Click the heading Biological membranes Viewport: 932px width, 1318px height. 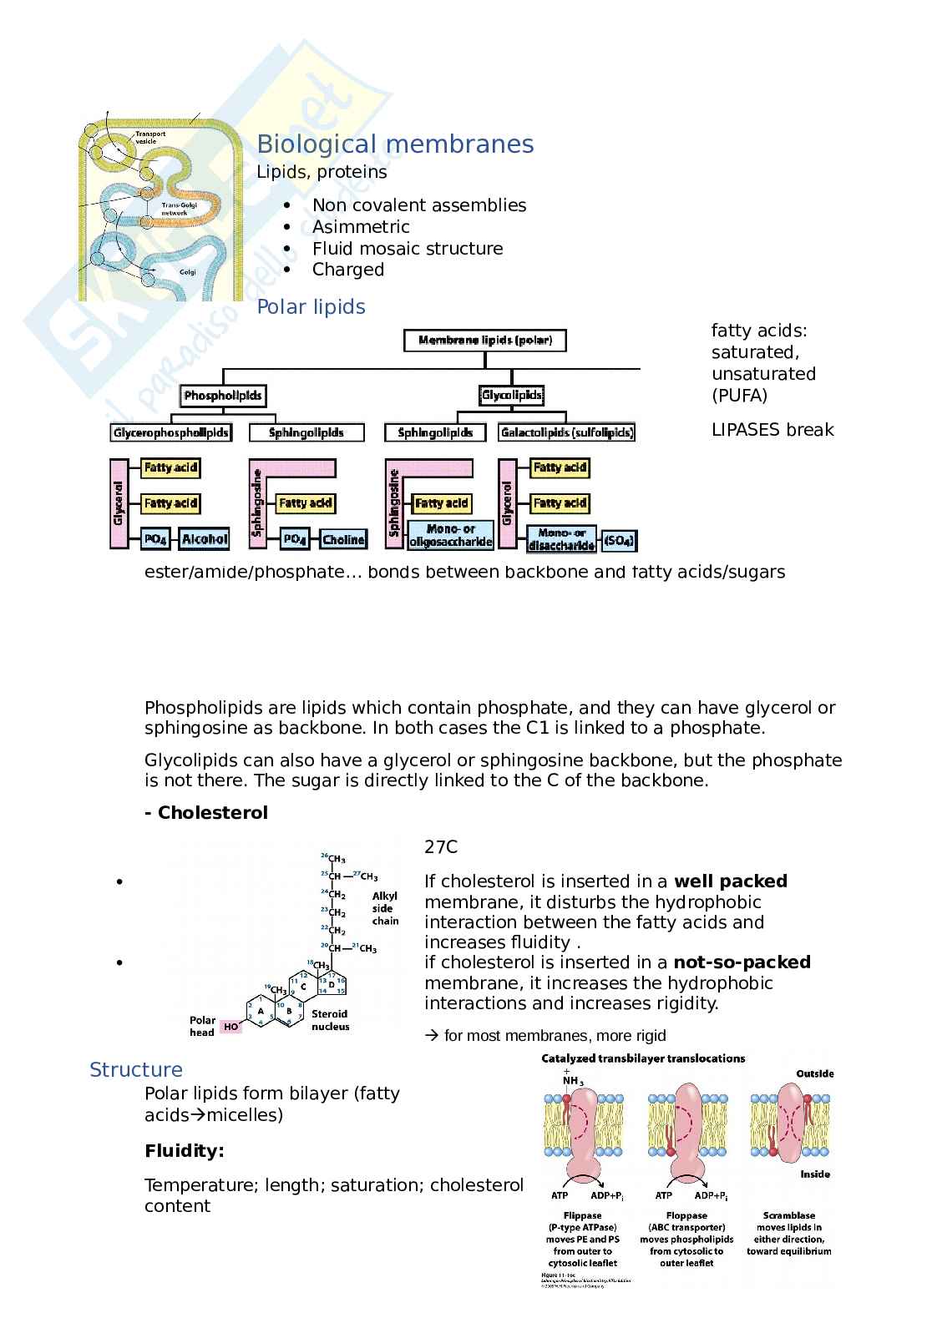(x=395, y=144)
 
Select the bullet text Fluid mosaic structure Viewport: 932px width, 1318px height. (x=408, y=249)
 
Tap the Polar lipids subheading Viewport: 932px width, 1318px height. (x=311, y=307)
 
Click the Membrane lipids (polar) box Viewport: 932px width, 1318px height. (x=484, y=341)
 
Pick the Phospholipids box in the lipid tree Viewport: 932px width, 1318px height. (x=223, y=396)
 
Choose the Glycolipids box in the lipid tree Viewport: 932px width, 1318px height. (x=512, y=396)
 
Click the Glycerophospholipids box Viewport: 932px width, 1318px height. (x=170, y=432)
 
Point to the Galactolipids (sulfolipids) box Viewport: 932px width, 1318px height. (x=567, y=432)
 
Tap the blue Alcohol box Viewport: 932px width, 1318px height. (x=205, y=539)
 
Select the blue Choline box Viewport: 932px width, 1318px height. (x=343, y=539)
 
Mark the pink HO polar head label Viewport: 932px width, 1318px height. (x=230, y=1027)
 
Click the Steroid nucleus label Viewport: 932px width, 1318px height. (x=330, y=1020)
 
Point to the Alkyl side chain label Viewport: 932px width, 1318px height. (x=385, y=908)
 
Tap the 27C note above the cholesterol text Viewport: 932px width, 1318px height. (x=441, y=847)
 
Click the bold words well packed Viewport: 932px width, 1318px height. (x=731, y=881)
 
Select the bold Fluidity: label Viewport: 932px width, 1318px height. (x=185, y=1151)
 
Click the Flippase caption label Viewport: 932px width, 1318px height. (x=582, y=1215)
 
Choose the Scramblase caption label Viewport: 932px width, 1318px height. (x=789, y=1215)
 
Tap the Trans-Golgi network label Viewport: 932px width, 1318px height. (x=175, y=209)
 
